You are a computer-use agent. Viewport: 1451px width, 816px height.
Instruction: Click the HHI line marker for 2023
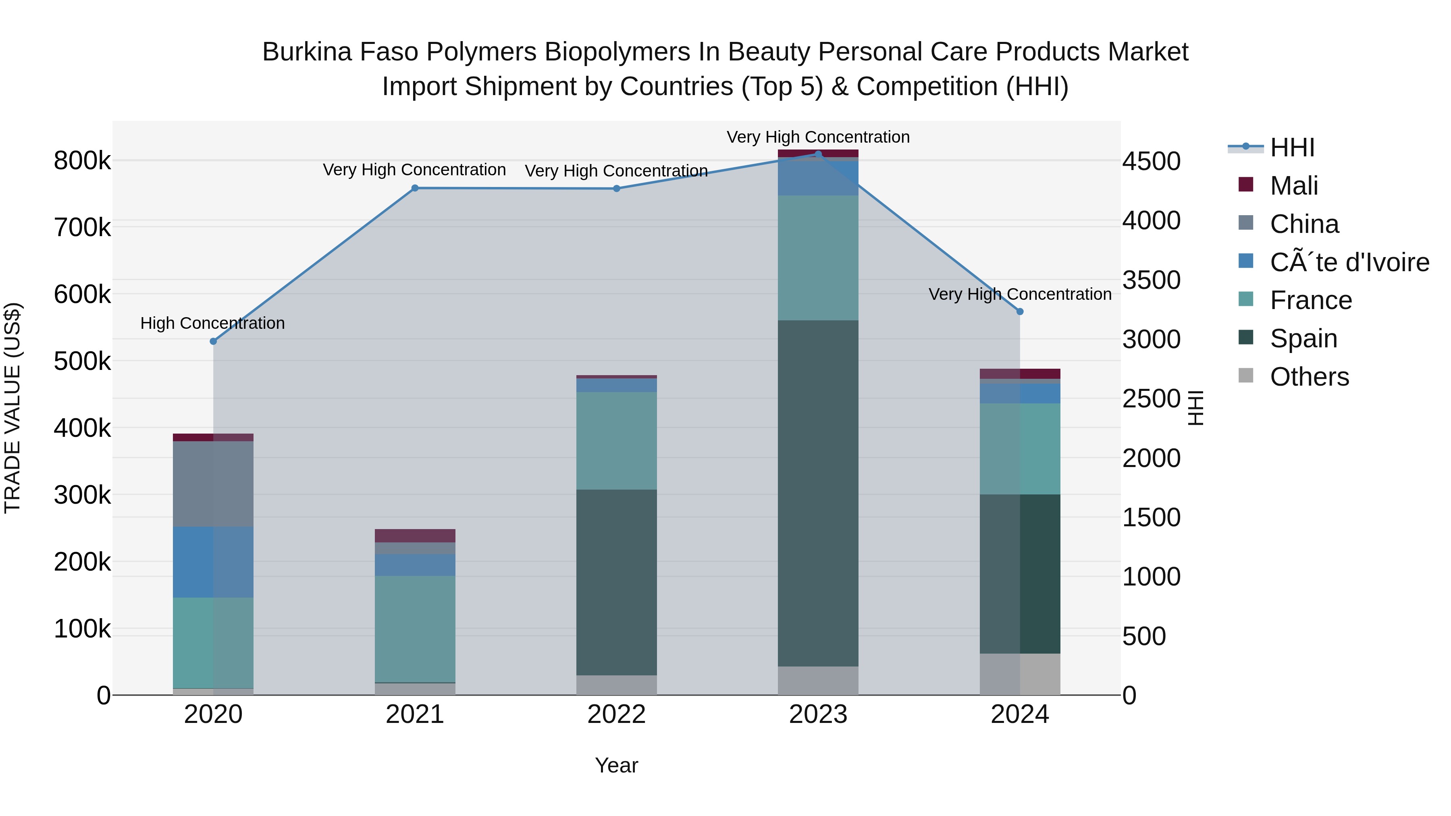(818, 154)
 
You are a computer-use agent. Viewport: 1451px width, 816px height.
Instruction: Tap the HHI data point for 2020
(213, 341)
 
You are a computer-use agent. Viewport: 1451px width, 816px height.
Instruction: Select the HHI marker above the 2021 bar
(415, 188)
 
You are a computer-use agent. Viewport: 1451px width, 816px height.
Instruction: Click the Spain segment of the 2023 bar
(818, 493)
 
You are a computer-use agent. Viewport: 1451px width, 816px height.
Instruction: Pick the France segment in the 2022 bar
(616, 440)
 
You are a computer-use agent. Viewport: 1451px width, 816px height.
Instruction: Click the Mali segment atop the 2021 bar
(415, 536)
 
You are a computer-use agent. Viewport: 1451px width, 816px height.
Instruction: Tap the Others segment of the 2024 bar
(1020, 674)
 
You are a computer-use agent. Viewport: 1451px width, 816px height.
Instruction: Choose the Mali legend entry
(1294, 186)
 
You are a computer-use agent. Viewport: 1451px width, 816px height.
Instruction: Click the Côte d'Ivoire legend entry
(1349, 262)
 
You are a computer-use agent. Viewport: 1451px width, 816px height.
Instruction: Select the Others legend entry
(1309, 377)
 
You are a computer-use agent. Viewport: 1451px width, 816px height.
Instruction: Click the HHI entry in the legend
(1292, 147)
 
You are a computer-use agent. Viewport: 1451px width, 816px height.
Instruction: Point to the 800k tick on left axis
(82, 161)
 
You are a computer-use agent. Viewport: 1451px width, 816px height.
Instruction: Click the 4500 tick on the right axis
(1151, 161)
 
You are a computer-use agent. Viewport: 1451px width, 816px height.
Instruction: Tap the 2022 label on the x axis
(616, 714)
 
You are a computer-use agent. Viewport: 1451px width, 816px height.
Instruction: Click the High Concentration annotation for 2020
(212, 323)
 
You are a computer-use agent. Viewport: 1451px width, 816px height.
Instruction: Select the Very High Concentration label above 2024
(1020, 294)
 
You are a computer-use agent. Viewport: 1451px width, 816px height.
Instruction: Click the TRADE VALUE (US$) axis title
(12, 408)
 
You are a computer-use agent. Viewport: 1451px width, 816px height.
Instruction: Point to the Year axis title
(616, 765)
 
